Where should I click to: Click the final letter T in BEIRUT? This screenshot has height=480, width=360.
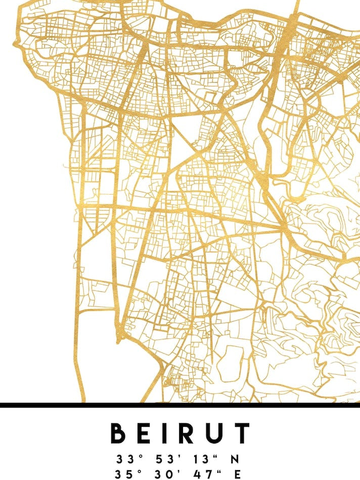[242, 433]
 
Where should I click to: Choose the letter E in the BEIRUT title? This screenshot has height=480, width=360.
[144, 433]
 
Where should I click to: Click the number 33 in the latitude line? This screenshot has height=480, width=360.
[123, 459]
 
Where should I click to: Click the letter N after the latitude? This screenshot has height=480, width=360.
[235, 459]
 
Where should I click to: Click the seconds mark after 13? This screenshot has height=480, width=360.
[215, 456]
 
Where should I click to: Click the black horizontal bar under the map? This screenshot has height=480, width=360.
[180, 405]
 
